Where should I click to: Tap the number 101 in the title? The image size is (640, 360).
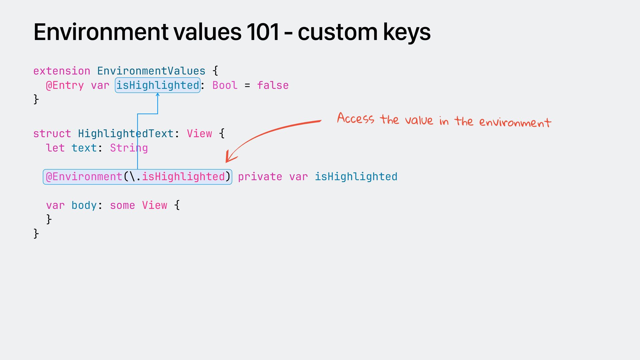(263, 32)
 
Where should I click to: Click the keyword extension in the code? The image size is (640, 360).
(62, 71)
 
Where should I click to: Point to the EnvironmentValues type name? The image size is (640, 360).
(151, 71)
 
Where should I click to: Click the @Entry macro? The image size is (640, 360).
(65, 85)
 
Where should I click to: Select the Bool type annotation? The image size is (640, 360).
(225, 85)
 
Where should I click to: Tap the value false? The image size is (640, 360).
(273, 85)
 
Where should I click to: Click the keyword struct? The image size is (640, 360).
(52, 134)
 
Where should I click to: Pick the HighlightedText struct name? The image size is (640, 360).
(126, 134)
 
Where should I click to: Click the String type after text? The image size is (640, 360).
(129, 148)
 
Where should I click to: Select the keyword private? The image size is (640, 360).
(260, 177)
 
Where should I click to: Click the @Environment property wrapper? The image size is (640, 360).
(84, 177)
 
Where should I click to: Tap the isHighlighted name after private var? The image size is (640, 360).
(356, 177)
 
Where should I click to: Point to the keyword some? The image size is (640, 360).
(122, 205)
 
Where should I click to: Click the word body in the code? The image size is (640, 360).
(84, 205)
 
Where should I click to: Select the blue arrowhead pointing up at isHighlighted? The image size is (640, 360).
(158, 95)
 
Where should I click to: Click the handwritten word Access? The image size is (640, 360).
(355, 118)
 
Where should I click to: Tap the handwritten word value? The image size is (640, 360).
(419, 120)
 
